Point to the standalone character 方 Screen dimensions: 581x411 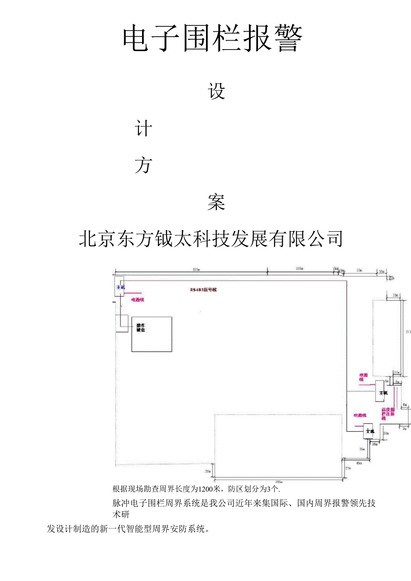(143, 166)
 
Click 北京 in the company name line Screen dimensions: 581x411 (97, 239)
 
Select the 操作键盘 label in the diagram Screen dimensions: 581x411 (141, 328)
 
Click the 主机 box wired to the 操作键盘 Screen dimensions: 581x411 (120, 288)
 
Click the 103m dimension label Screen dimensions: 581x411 (299, 269)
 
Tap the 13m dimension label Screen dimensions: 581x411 (395, 296)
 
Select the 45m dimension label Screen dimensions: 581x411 (359, 464)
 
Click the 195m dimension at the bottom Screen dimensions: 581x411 (278, 482)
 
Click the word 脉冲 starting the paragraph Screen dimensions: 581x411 (121, 503)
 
